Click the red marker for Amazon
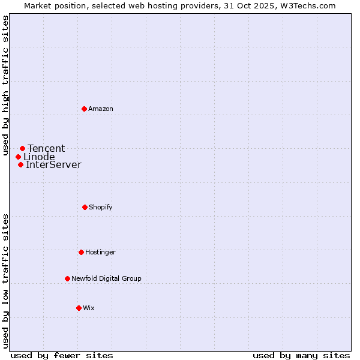(85, 109)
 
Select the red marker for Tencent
(22, 148)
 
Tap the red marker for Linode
(18, 157)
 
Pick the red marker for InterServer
(20, 164)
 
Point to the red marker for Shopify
(85, 207)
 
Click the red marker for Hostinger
(81, 252)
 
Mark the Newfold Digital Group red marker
(67, 278)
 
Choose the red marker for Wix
(79, 308)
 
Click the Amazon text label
(101, 109)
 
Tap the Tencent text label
(46, 148)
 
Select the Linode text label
(39, 157)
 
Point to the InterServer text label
(53, 164)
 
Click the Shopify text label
(101, 207)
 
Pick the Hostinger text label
(100, 252)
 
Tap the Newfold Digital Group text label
(107, 278)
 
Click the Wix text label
(89, 308)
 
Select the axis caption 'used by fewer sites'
(62, 355)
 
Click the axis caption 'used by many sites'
(301, 355)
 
